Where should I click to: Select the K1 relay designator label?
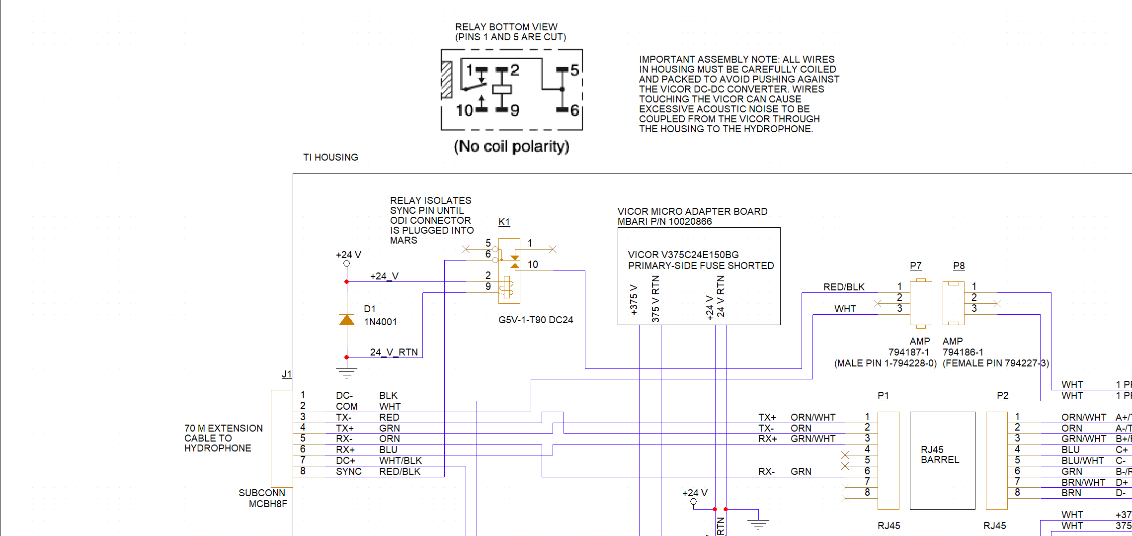point(504,222)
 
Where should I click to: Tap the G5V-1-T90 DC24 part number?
point(536,320)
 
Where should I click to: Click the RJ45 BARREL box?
point(942,460)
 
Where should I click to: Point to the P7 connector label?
point(915,266)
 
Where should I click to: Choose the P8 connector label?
point(959,266)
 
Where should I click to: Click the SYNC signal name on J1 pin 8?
point(348,471)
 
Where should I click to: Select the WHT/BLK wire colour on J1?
point(401,460)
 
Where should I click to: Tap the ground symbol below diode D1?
point(346,373)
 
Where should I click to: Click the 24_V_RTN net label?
point(394,352)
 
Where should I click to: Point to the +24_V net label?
point(384,276)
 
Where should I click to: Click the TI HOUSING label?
point(330,157)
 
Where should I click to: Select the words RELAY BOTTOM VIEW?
point(506,27)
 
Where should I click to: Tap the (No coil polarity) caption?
point(511,146)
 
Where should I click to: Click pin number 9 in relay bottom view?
point(515,110)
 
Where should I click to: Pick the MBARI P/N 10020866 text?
point(664,221)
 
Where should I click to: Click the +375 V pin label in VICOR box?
point(634,300)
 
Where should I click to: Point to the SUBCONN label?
point(262,493)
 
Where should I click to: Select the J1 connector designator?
point(287,374)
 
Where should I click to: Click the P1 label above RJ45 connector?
point(883,395)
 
